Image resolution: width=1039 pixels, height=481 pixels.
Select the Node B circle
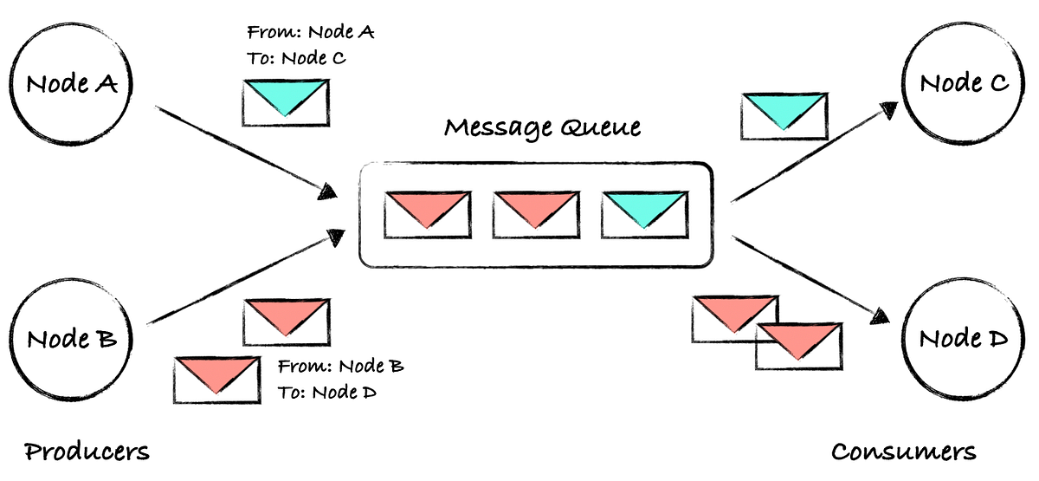point(69,338)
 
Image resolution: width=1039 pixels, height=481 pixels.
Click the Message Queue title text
point(543,128)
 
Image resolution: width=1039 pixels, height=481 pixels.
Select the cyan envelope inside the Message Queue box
point(644,215)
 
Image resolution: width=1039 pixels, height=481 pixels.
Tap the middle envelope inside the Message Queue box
point(535,215)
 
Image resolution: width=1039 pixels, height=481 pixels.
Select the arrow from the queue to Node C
point(814,153)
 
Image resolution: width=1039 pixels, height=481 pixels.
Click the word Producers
point(87,452)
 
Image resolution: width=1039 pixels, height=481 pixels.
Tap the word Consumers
point(903,452)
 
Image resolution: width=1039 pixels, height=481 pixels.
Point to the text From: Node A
point(310,33)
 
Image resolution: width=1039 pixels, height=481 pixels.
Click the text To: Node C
point(297,59)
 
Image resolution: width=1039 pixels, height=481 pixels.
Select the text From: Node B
point(340,367)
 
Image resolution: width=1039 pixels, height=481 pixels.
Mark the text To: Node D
point(327,393)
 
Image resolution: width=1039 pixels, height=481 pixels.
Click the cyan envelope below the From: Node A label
point(285,101)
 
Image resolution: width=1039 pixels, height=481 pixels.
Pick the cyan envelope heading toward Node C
point(784,116)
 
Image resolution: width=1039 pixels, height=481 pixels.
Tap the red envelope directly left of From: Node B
point(216,380)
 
